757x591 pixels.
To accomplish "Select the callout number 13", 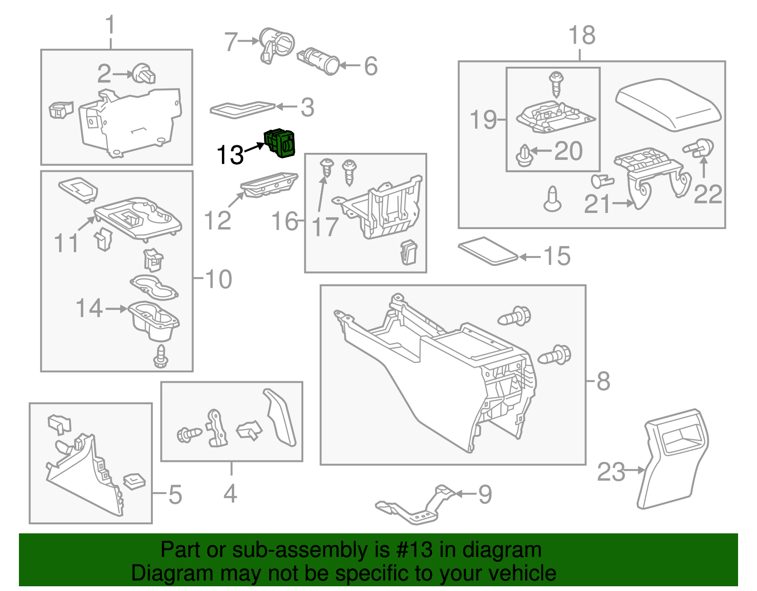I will [229, 155].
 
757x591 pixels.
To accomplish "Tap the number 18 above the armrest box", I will [581, 35].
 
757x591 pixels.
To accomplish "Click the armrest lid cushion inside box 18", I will [668, 105].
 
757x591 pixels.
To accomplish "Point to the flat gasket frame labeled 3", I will [242, 108].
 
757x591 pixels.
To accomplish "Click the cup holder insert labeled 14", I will [154, 321].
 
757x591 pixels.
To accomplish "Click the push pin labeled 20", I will [523, 156].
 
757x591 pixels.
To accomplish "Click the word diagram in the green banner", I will [502, 550].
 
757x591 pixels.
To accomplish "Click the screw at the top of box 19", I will [556, 83].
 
